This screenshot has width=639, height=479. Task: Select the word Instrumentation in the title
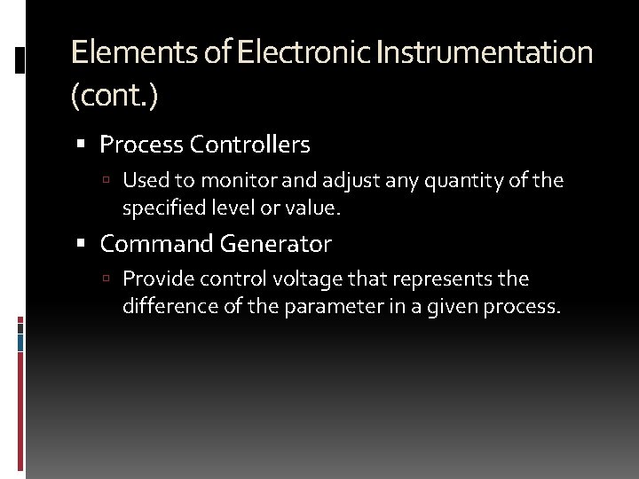484,52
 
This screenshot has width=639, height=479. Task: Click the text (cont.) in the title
114,95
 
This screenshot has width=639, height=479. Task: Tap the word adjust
350,181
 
